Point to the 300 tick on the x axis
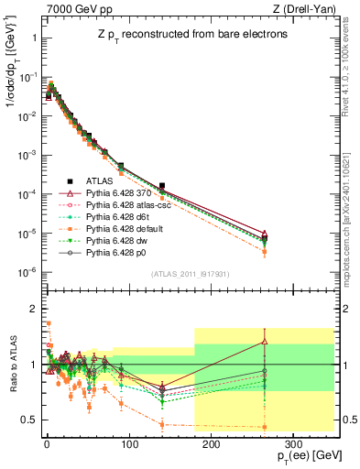[x=291, y=441]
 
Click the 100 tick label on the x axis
[x=128, y=441]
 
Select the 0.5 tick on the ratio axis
[x=28, y=420]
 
